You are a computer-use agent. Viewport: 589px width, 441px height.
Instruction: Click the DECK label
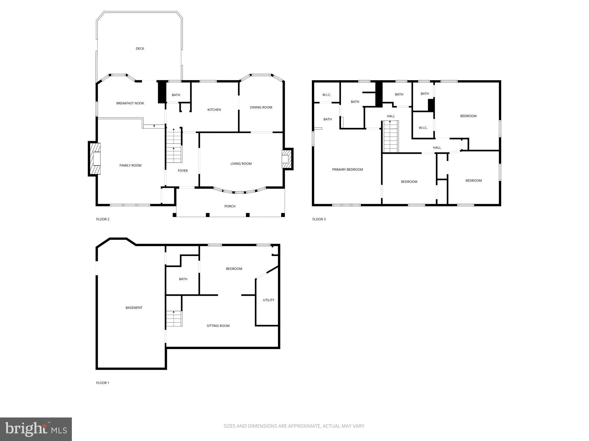coord(140,49)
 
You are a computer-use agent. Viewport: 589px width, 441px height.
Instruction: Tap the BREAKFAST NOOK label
coord(130,103)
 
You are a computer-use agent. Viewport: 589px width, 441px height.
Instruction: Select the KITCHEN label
coord(214,110)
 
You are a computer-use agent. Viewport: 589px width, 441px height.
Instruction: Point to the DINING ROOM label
coord(261,107)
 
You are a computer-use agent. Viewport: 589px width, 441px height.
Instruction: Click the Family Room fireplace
coord(95,159)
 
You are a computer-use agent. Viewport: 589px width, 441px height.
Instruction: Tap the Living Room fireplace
coord(287,159)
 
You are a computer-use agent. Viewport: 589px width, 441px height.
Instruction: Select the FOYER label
coord(183,171)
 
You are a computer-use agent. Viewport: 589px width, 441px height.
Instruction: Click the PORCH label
coord(230,206)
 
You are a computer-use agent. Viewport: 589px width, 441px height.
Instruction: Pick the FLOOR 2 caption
coord(103,219)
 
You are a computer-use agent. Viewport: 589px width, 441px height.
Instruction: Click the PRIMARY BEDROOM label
coord(348,170)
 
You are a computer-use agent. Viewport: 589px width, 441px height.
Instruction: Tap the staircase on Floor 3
coord(391,137)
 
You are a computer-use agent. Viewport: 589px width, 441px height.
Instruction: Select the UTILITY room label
coord(268,300)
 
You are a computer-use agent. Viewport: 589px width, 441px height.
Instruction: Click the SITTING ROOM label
coord(218,326)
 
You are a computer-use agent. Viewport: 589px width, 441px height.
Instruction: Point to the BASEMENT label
coord(134,308)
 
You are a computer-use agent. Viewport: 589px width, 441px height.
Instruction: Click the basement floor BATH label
coord(183,279)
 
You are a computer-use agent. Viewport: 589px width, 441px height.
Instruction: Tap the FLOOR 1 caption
coord(102,383)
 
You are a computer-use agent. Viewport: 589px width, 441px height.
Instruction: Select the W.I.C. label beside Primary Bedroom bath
coord(327,95)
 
